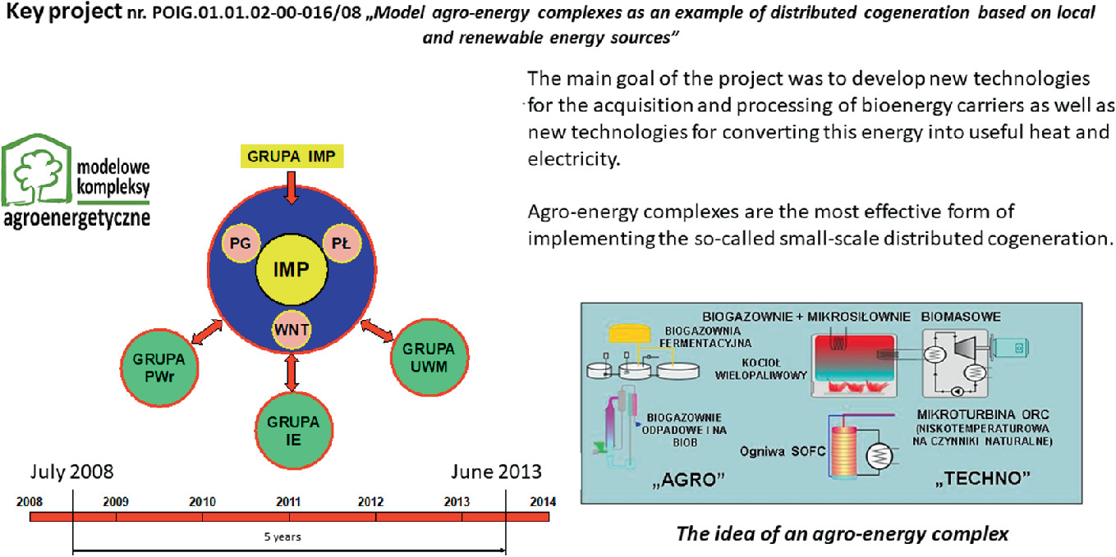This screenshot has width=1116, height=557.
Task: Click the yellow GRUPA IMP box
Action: click(x=292, y=157)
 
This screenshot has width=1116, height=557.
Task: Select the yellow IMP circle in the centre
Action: click(x=292, y=269)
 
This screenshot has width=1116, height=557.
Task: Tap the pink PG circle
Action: click(x=241, y=244)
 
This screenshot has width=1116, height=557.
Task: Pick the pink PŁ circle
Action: click(x=342, y=244)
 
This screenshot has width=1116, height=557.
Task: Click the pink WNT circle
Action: click(x=292, y=330)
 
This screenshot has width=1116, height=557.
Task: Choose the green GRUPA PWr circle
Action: click(x=159, y=368)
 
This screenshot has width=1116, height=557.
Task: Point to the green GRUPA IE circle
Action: click(x=294, y=431)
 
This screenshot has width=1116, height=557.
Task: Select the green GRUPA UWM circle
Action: click(x=429, y=358)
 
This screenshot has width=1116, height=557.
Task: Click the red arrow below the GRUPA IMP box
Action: click(x=292, y=188)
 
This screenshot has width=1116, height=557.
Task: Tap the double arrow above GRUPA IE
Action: click(x=292, y=372)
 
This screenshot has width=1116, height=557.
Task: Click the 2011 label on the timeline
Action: click(x=288, y=502)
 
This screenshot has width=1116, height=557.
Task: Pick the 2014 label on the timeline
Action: click(x=543, y=502)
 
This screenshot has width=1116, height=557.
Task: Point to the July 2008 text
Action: click(x=71, y=472)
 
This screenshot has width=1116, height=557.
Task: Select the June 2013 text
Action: click(x=496, y=472)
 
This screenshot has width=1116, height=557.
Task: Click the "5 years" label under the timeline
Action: click(x=282, y=536)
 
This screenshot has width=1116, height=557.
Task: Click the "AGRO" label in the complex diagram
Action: click(x=688, y=479)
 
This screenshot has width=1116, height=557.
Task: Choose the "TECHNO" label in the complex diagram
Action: click(x=982, y=478)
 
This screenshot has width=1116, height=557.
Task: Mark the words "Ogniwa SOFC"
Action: click(x=783, y=451)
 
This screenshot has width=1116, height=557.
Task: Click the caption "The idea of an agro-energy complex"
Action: click(x=843, y=533)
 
